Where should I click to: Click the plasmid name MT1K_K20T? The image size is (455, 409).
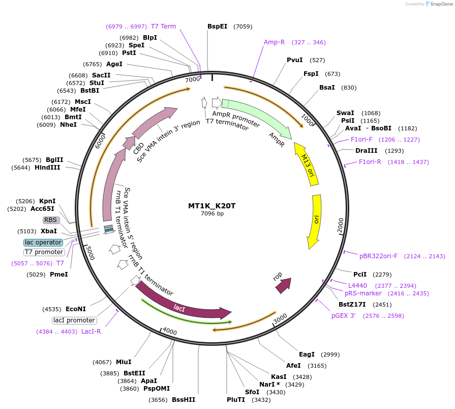[212, 206]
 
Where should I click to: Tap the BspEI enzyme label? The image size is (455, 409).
[217, 26]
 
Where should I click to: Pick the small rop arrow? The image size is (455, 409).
[283, 285]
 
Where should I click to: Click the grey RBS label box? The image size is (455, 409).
[51, 220]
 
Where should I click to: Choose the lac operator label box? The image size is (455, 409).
[43, 242]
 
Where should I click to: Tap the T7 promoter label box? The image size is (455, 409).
[44, 252]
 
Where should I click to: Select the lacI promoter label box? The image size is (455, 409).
[74, 320]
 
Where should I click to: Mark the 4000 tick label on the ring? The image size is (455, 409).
[169, 332]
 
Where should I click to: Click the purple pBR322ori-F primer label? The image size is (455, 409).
[378, 256]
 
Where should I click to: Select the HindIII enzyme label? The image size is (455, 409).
[47, 167]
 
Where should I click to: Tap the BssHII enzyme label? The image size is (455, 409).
[184, 400]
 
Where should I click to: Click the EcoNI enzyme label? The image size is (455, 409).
[76, 309]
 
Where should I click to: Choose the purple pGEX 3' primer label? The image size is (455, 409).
[346, 316]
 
